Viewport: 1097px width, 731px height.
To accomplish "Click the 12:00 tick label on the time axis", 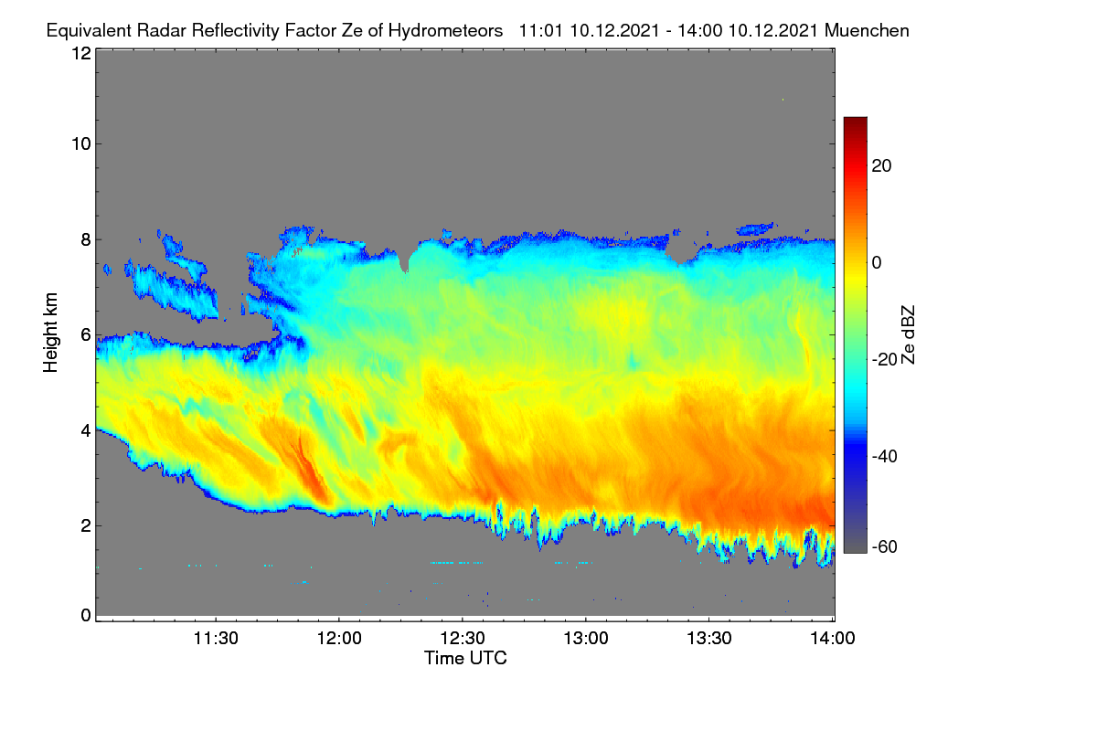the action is (339, 639).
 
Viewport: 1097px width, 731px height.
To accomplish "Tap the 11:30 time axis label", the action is (216, 639).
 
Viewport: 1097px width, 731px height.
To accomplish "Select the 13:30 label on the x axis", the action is (709, 639).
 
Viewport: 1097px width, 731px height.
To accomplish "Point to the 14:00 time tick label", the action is (833, 639).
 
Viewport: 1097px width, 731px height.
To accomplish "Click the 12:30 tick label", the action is (463, 639).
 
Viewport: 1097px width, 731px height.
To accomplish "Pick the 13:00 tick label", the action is (586, 639).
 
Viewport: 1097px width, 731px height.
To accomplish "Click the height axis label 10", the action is (81, 144).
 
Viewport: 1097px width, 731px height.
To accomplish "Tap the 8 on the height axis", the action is (86, 240).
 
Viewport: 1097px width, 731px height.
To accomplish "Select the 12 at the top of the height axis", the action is (81, 53).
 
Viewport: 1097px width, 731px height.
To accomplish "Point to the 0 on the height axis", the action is (86, 616).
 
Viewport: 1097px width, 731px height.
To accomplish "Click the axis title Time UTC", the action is (465, 659).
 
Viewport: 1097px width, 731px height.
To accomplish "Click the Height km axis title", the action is (50, 333).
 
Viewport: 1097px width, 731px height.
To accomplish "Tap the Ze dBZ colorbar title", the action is (908, 335).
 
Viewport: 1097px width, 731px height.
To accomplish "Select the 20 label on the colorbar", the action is (881, 166).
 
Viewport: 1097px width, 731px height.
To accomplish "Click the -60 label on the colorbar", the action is (885, 547).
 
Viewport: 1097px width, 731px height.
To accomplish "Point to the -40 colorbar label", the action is (885, 456).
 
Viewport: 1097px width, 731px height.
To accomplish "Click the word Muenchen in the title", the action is (867, 31).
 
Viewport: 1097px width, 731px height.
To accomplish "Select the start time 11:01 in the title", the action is (542, 31).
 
